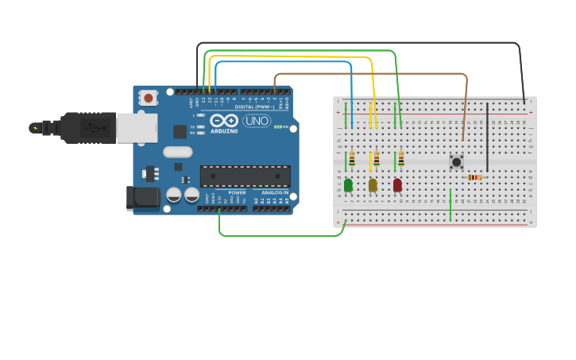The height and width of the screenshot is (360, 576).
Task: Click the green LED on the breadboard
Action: click(x=348, y=185)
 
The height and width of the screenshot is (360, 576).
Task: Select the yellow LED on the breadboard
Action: click(x=373, y=185)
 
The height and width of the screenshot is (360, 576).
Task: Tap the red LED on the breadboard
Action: click(x=397, y=185)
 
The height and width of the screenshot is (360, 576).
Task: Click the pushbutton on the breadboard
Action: click(x=456, y=162)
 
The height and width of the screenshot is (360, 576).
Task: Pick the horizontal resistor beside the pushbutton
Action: click(x=475, y=177)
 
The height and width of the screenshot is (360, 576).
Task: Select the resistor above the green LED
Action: click(x=352, y=160)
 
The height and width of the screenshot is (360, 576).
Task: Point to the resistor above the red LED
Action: click(x=401, y=160)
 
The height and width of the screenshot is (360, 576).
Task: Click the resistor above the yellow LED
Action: click(x=377, y=160)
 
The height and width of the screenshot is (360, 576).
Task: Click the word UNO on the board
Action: click(x=257, y=121)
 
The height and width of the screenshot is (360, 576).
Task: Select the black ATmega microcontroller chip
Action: click(x=245, y=176)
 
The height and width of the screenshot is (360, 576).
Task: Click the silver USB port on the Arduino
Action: click(x=136, y=127)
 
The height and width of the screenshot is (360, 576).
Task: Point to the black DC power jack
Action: click(x=142, y=198)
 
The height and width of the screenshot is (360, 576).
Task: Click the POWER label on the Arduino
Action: click(x=237, y=192)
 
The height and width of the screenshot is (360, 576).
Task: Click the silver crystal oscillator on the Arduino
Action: click(x=178, y=152)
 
